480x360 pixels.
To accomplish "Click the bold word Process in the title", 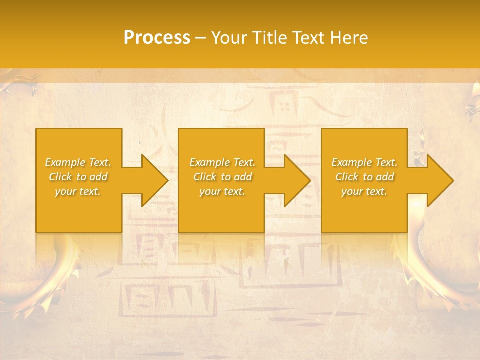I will (157, 38).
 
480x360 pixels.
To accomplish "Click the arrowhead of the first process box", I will (152, 180).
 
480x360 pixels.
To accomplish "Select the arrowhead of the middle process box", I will (295, 180).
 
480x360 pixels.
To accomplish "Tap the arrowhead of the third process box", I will (438, 180).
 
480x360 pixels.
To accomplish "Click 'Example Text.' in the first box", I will (78, 162).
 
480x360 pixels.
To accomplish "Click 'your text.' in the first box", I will (78, 191).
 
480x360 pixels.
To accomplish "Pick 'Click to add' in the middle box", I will (222, 177).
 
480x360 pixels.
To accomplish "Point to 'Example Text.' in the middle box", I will (222, 162).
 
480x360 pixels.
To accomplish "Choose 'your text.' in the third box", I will (364, 191).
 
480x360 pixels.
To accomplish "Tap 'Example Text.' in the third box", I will (364, 162).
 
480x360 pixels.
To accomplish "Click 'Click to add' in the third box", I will (364, 177).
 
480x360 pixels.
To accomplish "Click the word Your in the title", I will (229, 38).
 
